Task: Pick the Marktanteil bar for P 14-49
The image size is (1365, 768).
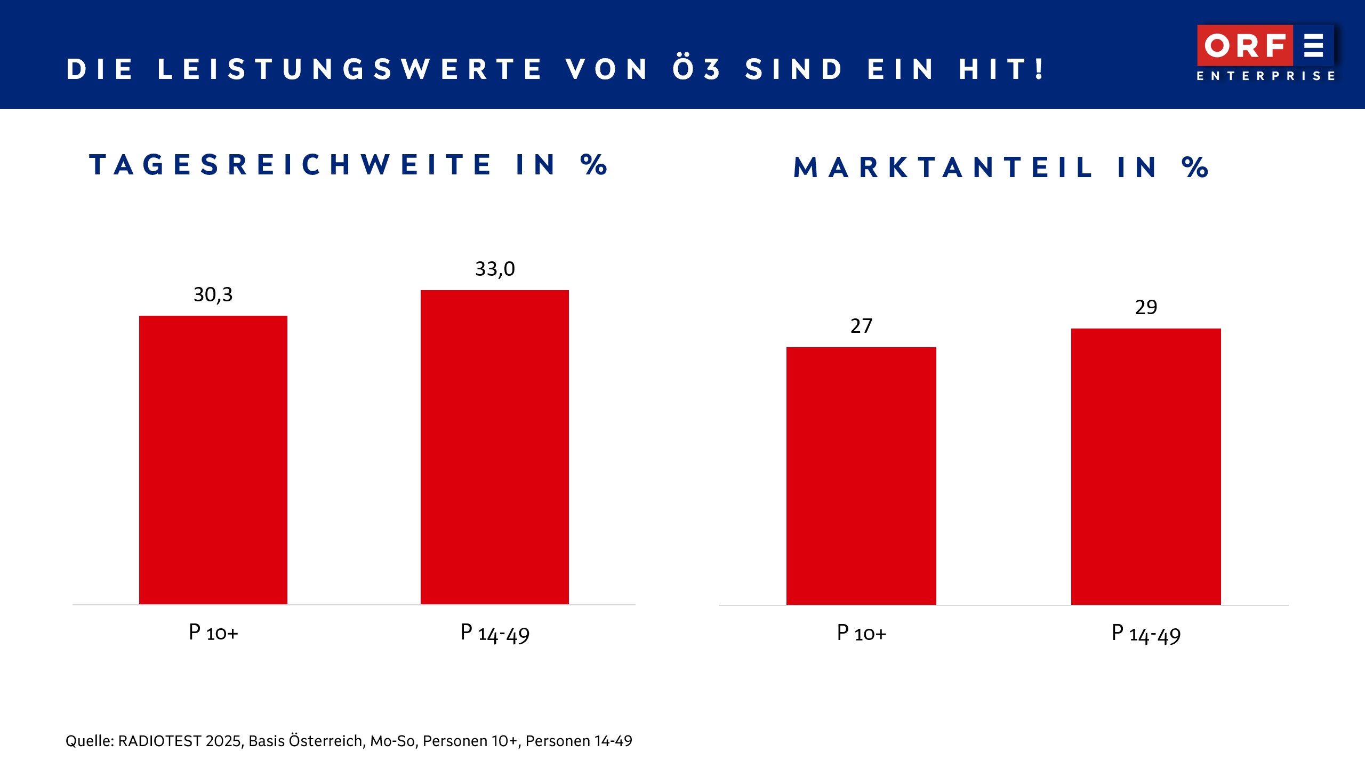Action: [1146, 466]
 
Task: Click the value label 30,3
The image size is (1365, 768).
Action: [213, 294]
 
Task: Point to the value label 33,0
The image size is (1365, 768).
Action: [495, 269]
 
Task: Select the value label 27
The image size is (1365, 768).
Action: [861, 326]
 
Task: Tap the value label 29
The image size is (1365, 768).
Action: [1146, 307]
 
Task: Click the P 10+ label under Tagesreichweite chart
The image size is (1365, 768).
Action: [213, 633]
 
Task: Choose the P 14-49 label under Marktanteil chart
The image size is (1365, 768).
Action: [1146, 634]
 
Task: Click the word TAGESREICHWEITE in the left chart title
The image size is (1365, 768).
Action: [291, 165]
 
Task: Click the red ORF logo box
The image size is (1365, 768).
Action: [1244, 45]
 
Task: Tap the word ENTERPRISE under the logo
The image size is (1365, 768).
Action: [1266, 76]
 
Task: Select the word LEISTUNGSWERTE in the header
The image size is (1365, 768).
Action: [350, 69]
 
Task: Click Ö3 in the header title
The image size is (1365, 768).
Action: [696, 69]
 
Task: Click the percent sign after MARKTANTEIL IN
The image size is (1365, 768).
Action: [1195, 167]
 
